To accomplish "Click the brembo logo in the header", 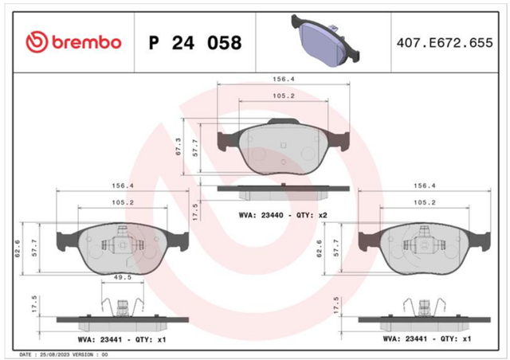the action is [73, 42].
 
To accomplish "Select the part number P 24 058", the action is [195, 42].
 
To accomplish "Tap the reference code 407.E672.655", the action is [445, 43].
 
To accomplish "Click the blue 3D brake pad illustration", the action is [326, 41].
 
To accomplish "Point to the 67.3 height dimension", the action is [178, 147].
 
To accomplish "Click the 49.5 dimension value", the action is [123, 277].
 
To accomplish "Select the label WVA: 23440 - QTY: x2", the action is [283, 215].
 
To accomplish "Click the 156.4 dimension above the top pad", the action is [284, 79].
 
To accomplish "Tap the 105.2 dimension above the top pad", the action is [284, 96].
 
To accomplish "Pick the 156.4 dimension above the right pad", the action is [425, 186].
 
